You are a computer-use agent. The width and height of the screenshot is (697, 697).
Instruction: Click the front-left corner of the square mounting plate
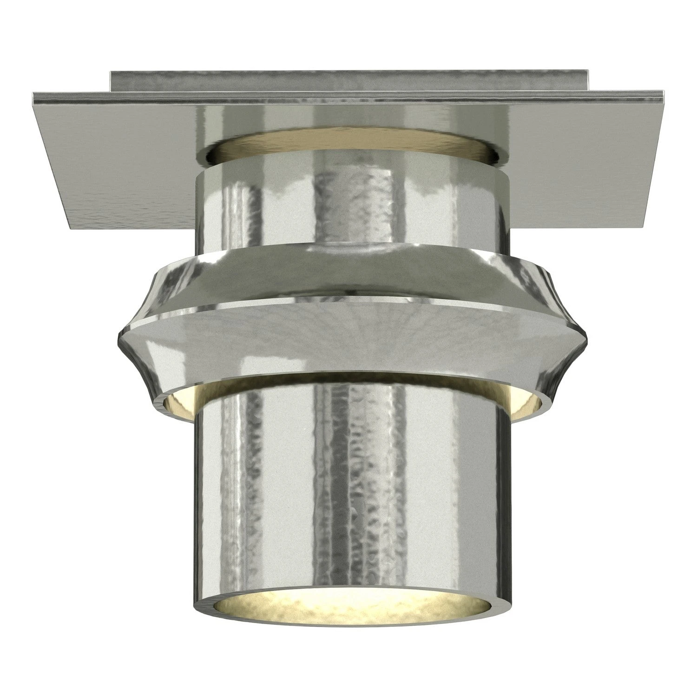pyautogui.click(x=71, y=229)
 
